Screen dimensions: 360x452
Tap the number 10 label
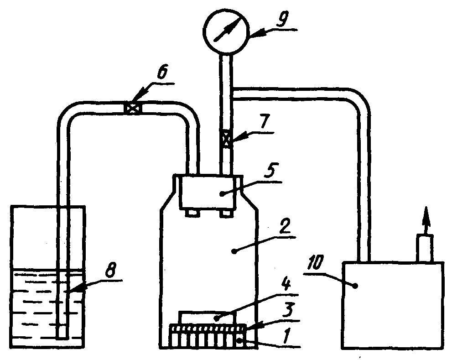coord(317,264)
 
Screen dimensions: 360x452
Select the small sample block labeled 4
coord(208,317)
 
